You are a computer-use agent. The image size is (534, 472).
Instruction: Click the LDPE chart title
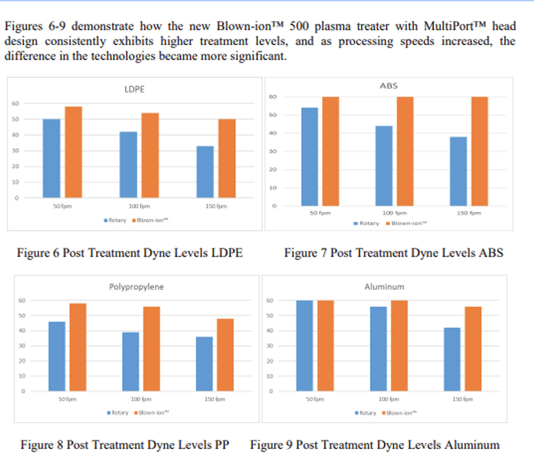coord(133,89)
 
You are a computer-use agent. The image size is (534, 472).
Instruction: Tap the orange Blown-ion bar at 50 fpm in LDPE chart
coord(73,152)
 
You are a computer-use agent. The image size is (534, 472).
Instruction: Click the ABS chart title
coord(389,86)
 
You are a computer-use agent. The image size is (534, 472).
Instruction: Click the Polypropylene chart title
coord(136,286)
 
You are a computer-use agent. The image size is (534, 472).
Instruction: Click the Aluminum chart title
coord(384,286)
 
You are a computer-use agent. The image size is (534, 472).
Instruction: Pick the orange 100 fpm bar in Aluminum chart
coord(400,345)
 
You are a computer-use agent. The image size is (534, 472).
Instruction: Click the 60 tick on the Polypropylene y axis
coord(22,300)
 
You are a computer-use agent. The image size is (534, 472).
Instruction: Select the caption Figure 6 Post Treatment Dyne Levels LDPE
coord(129,253)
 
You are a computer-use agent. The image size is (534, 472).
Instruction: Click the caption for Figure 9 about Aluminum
coord(375,445)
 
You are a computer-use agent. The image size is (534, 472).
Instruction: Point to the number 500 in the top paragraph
coord(289,26)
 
